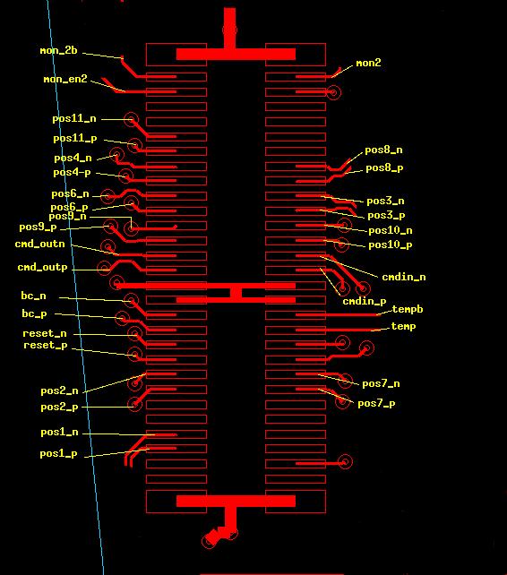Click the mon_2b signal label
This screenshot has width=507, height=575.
pyautogui.click(x=59, y=50)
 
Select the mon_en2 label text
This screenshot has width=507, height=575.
pyautogui.click(x=65, y=79)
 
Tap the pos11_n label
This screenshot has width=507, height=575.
pyautogui.click(x=74, y=119)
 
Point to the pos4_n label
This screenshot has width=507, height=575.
pyautogui.click(x=73, y=158)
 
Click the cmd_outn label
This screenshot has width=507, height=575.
pyautogui.click(x=39, y=244)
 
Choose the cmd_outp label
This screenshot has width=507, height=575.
pyautogui.click(x=43, y=267)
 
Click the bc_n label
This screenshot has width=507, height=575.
pyautogui.click(x=33, y=296)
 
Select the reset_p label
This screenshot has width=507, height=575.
pyautogui.click(x=46, y=346)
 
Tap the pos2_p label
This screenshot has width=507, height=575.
pyautogui.click(x=59, y=408)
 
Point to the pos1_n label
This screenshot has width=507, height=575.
pyautogui.click(x=59, y=433)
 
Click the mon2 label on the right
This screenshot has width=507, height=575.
pyautogui.click(x=368, y=63)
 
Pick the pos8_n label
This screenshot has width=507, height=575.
pyautogui.click(x=383, y=150)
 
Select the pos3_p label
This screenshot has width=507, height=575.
pyautogui.click(x=386, y=216)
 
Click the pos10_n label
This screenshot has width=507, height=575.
pyautogui.click(x=391, y=231)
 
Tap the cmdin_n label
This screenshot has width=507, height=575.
pyautogui.click(x=404, y=277)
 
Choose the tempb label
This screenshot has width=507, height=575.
pyautogui.click(x=408, y=310)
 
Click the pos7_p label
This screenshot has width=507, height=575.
pyautogui.click(x=376, y=404)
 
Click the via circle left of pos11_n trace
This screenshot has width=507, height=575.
pyautogui.click(x=131, y=119)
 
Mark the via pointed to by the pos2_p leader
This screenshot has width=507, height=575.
pyautogui.click(x=135, y=404)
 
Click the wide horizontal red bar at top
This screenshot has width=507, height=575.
pyautogui.click(x=236, y=55)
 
